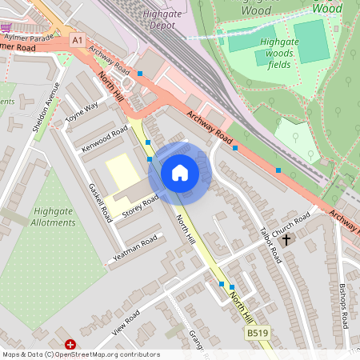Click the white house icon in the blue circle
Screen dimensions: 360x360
(x=180, y=172)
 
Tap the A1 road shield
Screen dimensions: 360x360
(x=77, y=39)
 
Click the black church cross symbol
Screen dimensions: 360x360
(x=286, y=238)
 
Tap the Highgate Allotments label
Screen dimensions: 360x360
(x=54, y=217)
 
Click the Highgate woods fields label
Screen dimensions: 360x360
(x=275, y=51)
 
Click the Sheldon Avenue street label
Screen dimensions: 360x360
(x=46, y=106)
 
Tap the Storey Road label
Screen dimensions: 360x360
(x=141, y=203)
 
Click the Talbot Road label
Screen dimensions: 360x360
(x=270, y=243)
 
